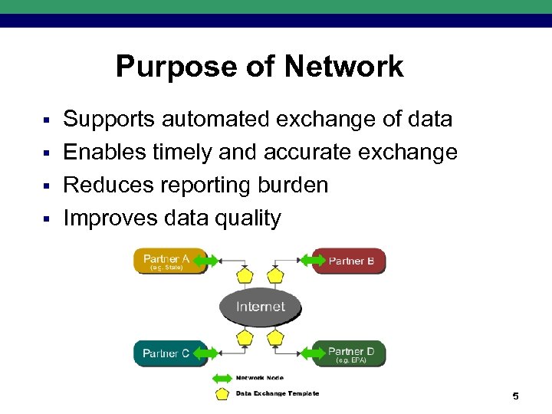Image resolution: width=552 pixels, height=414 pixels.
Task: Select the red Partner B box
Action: pos(351,261)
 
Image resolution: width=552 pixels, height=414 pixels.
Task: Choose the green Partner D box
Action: pos(351,353)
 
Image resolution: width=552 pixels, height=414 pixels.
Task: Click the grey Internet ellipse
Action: pos(261,307)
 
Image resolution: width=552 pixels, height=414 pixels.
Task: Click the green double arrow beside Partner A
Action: pos(208,261)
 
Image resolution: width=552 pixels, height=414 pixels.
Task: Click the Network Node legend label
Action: pos(259,378)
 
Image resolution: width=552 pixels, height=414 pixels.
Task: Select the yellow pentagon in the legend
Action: pos(222,393)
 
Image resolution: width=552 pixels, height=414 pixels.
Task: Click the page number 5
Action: pos(515,396)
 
